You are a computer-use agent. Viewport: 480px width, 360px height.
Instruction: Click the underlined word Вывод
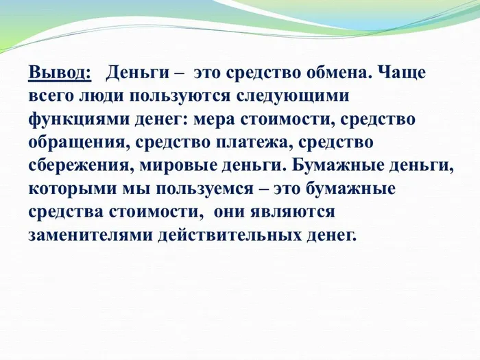pyautogui.click(x=60, y=72)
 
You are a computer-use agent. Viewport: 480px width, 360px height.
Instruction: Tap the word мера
pyautogui.click(x=212, y=119)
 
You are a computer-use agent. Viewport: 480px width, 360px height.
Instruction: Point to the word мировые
pyautogui.click(x=182, y=165)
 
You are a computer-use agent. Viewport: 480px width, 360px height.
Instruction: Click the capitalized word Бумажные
pyautogui.click(x=359, y=165)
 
